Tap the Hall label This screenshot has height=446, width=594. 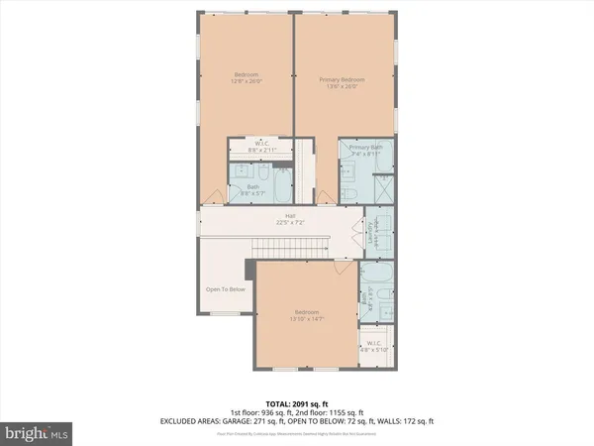coord(291,216)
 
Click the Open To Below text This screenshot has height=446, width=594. coord(225,289)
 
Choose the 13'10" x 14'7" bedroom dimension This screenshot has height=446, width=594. coord(307,320)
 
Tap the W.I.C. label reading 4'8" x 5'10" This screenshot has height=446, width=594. coord(374,349)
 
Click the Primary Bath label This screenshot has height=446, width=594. coord(365,149)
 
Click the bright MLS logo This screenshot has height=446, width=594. coord(38,433)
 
